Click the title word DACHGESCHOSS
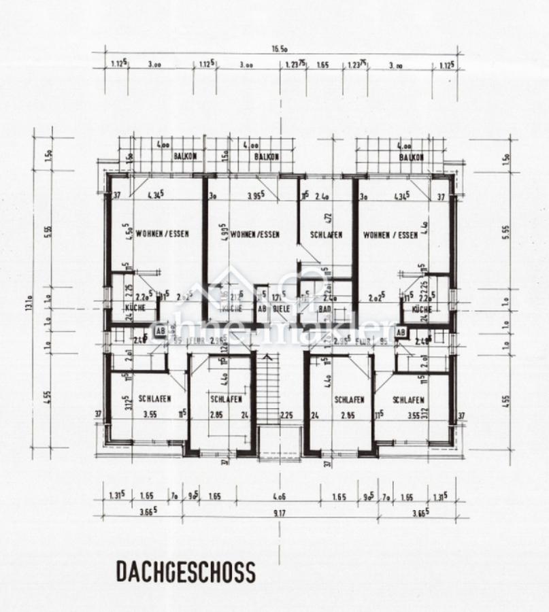pos(185,572)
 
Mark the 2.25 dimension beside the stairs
pos(286,415)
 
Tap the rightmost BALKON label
pos(412,157)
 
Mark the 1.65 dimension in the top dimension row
pos(322,65)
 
